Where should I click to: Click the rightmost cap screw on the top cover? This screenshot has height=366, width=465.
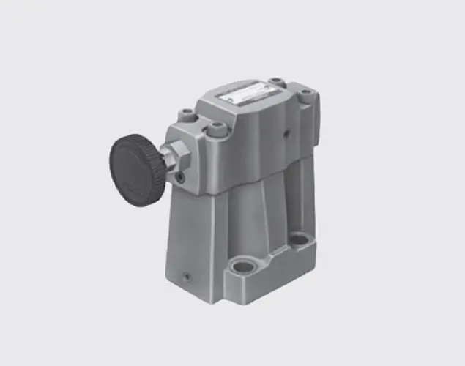pyautogui.click(x=305, y=96)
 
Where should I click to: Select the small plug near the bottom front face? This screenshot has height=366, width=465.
pyautogui.click(x=187, y=277)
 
